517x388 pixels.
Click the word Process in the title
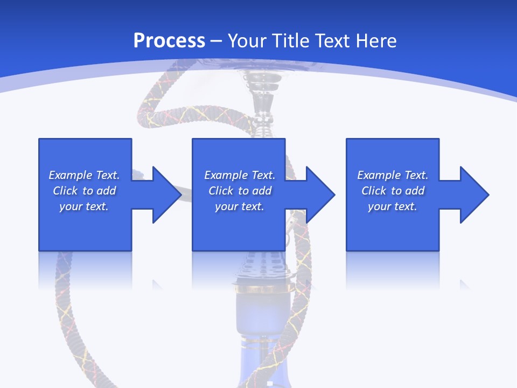pos(169,41)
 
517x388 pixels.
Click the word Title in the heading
pos(289,41)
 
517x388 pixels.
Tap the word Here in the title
pos(376,41)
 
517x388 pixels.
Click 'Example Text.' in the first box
pos(84,175)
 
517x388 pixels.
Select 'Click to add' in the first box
pos(84,191)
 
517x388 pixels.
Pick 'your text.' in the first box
pos(84,206)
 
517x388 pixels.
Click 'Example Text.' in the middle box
pos(240,175)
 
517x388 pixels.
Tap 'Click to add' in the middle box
pos(240,191)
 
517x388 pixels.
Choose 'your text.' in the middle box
pos(240,206)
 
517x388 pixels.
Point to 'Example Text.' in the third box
pos(393,175)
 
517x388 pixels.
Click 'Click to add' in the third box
pos(393,191)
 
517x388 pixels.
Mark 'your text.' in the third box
pos(393,206)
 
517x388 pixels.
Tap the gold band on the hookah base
pos(264,288)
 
